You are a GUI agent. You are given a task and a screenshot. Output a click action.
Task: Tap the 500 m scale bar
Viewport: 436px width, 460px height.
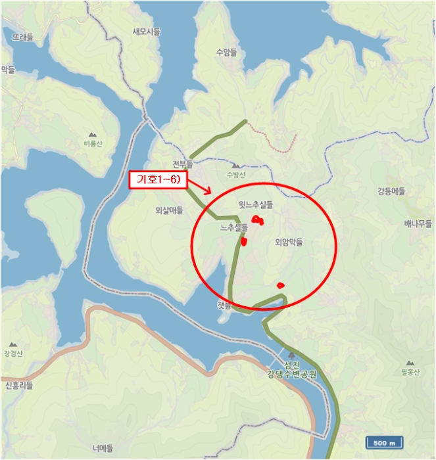point(384,443)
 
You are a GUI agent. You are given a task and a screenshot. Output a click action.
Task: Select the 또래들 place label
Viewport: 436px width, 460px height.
point(22,37)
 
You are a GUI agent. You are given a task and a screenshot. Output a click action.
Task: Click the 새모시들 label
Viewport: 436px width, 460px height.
point(146,32)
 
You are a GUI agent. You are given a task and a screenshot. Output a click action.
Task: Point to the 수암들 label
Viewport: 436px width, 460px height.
point(226,52)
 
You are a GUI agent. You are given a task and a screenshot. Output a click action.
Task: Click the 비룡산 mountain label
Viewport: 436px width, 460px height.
point(93,143)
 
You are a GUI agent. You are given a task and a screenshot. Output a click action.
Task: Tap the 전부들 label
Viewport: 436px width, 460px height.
point(183,164)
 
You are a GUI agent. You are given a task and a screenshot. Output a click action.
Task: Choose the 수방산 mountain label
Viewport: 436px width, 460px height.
point(235,175)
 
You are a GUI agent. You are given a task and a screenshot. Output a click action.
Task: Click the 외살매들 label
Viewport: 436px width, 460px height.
point(169,210)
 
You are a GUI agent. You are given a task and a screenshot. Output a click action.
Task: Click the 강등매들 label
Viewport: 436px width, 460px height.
point(391,191)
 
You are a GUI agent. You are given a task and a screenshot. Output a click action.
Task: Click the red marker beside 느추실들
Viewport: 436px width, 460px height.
point(244,242)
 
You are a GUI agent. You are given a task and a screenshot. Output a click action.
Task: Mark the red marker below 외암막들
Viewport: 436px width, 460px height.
point(281,285)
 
